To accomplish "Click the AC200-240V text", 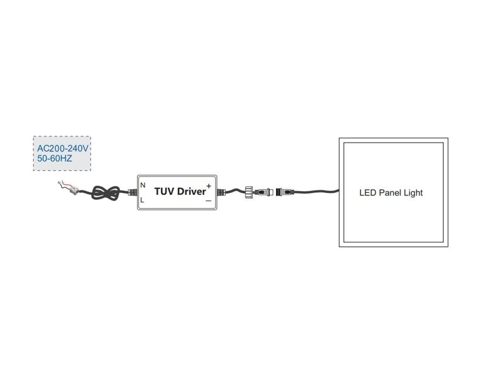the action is pos(62,148).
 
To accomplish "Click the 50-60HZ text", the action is pos(55,158).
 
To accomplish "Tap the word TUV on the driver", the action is pos(164,192).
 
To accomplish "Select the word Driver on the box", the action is pos(191,192).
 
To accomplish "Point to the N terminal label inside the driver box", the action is pos(143,185).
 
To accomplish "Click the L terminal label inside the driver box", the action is pos(142,200).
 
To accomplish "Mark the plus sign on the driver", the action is pos(209,186).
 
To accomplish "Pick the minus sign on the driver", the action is pos(209,201).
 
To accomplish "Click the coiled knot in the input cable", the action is pos(106,194).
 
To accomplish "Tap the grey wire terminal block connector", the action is pos(74,190).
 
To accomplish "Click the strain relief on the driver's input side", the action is pos(132,192).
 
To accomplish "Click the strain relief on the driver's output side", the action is pos(221,192).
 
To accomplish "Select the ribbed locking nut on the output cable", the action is pos(249,192).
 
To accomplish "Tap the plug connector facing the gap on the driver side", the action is pos(263,192).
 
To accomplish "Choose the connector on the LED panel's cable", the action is pos(285,192).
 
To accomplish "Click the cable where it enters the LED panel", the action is pos(337,192).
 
